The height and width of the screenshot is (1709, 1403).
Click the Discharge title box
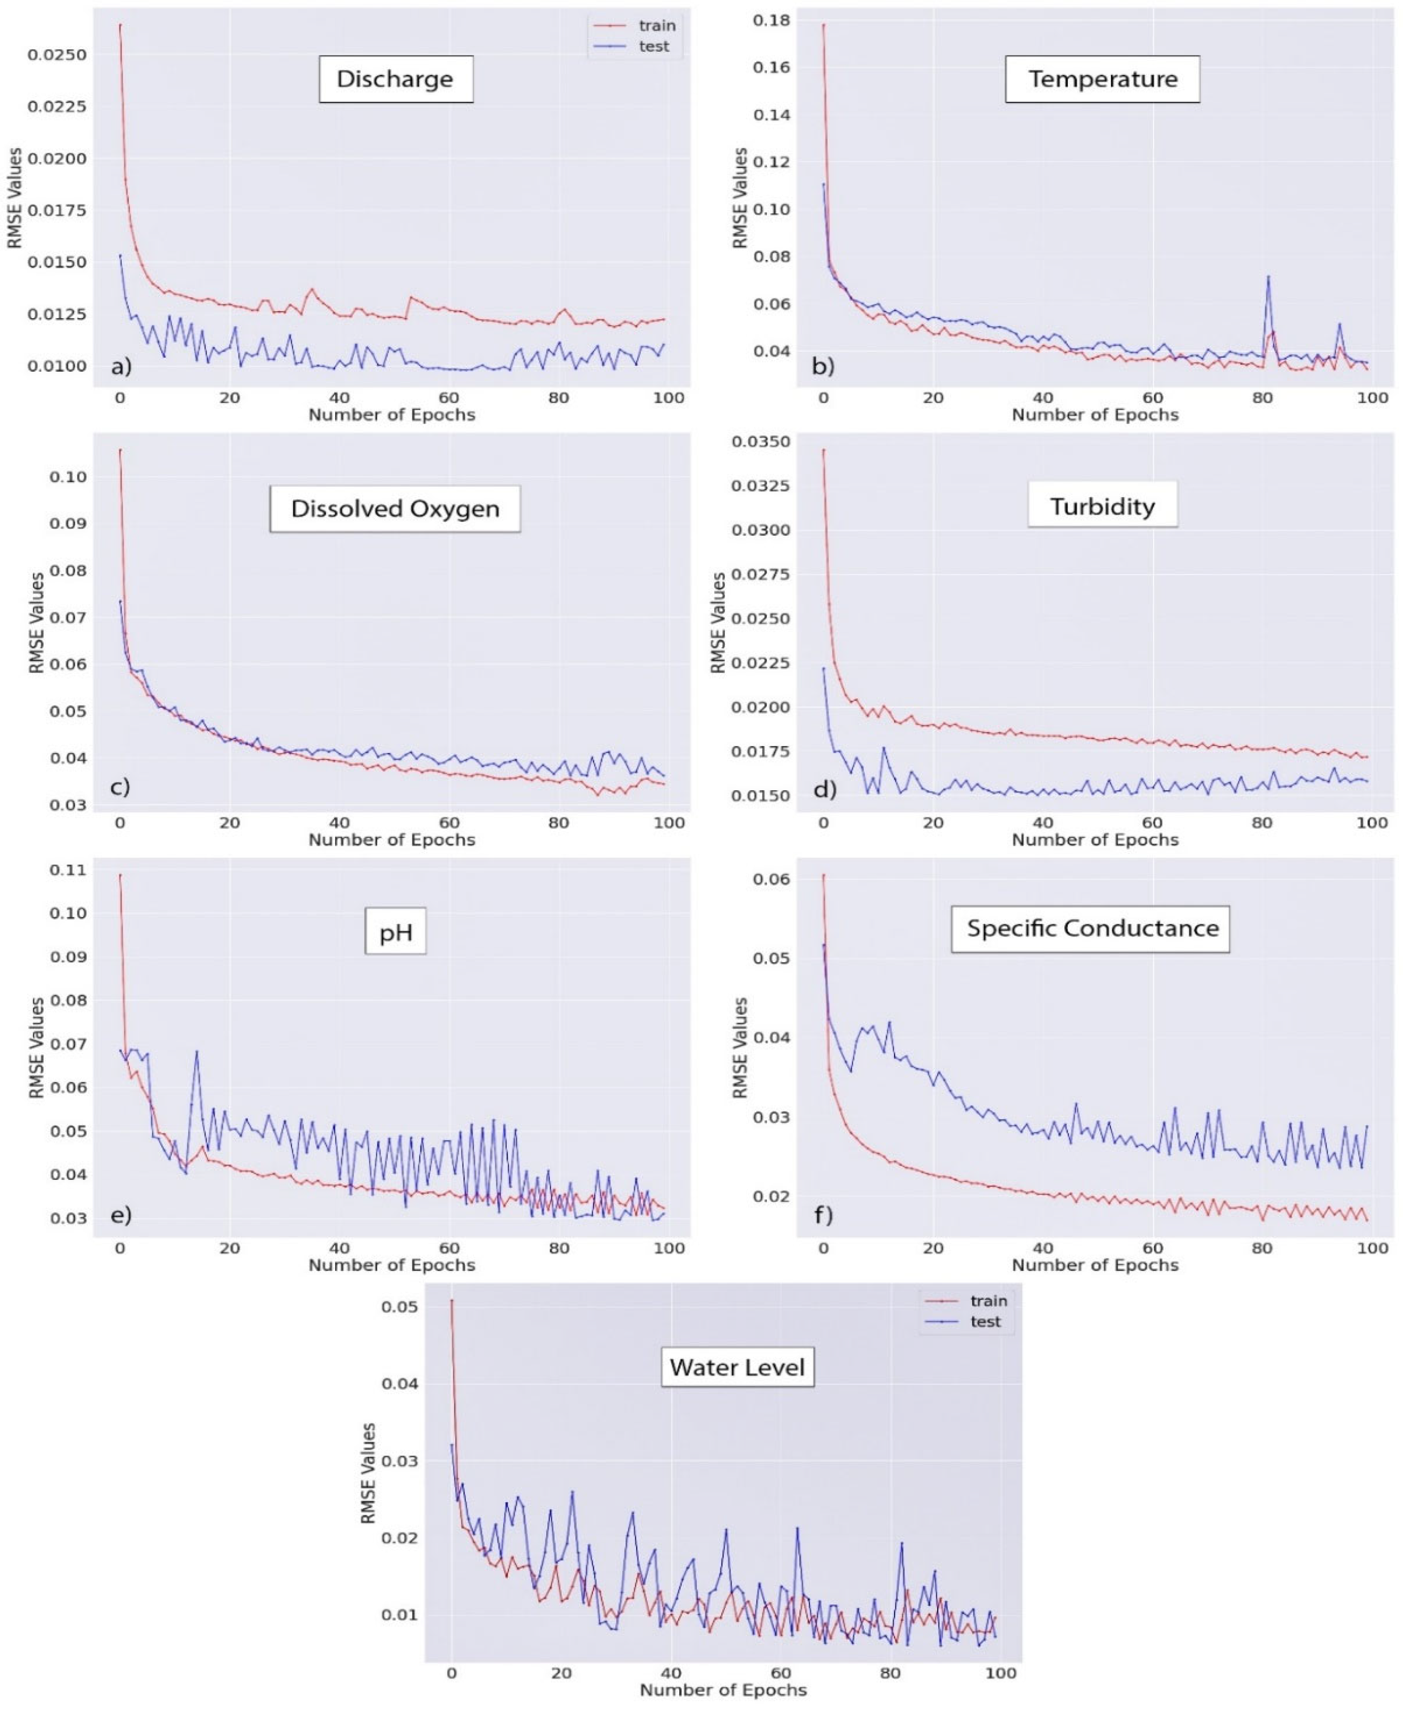click(395, 79)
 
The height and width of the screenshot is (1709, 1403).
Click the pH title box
click(395, 932)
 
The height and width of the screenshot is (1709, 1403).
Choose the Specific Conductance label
click(1091, 928)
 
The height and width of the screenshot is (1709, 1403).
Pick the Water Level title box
click(737, 1367)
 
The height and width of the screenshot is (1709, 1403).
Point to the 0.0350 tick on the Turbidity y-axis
click(760, 442)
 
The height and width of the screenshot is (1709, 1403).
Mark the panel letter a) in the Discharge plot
click(120, 367)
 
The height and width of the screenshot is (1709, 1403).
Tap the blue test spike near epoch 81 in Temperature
click(1268, 277)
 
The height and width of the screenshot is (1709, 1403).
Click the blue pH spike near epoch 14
click(196, 1052)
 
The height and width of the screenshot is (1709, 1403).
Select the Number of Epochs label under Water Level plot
click(723, 1689)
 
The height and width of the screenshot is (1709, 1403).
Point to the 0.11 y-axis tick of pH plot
click(67, 870)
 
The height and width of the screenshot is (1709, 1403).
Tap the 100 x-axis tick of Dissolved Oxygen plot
click(669, 822)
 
